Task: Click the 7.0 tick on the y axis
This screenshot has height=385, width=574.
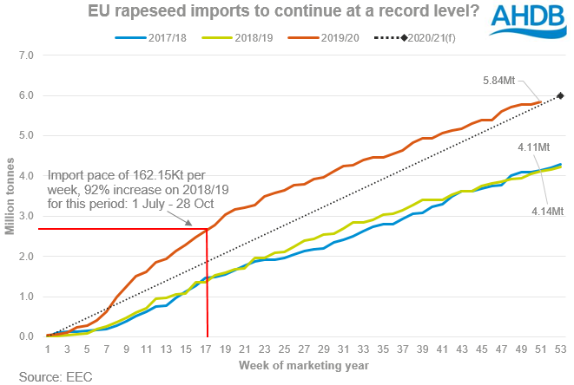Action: (x=25, y=55)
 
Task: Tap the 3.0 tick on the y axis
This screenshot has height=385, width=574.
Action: (x=25, y=216)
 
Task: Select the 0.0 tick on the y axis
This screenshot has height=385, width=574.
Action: (x=25, y=336)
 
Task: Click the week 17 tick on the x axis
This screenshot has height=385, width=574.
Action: (x=207, y=349)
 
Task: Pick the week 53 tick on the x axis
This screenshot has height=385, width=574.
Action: (x=559, y=349)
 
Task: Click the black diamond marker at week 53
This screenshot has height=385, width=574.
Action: (x=560, y=95)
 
